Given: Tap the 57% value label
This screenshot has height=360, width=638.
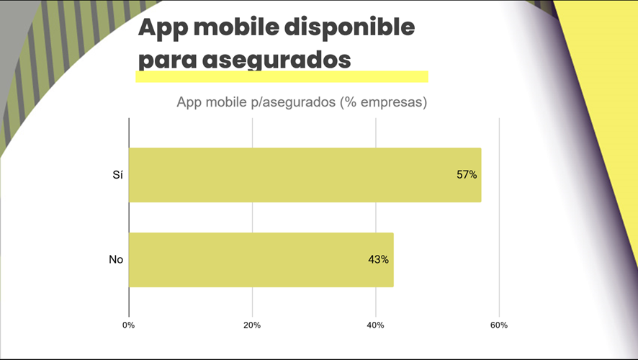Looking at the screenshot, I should click(467, 175).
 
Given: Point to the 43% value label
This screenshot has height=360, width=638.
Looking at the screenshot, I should click(378, 260).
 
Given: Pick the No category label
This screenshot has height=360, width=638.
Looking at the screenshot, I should click(116, 260).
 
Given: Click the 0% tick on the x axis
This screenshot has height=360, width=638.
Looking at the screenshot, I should click(129, 325).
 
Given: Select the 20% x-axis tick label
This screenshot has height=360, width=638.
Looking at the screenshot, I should click(252, 325).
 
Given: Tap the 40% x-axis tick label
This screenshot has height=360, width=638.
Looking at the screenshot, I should click(375, 325).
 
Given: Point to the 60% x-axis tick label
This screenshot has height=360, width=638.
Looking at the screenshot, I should click(498, 325).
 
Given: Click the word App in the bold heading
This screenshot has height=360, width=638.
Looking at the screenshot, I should click(161, 28).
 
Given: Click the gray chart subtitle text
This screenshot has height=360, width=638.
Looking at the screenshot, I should click(302, 102).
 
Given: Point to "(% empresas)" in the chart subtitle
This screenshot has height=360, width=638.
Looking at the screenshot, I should click(382, 102).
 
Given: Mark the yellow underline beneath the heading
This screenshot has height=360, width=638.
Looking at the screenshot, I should click(282, 76).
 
